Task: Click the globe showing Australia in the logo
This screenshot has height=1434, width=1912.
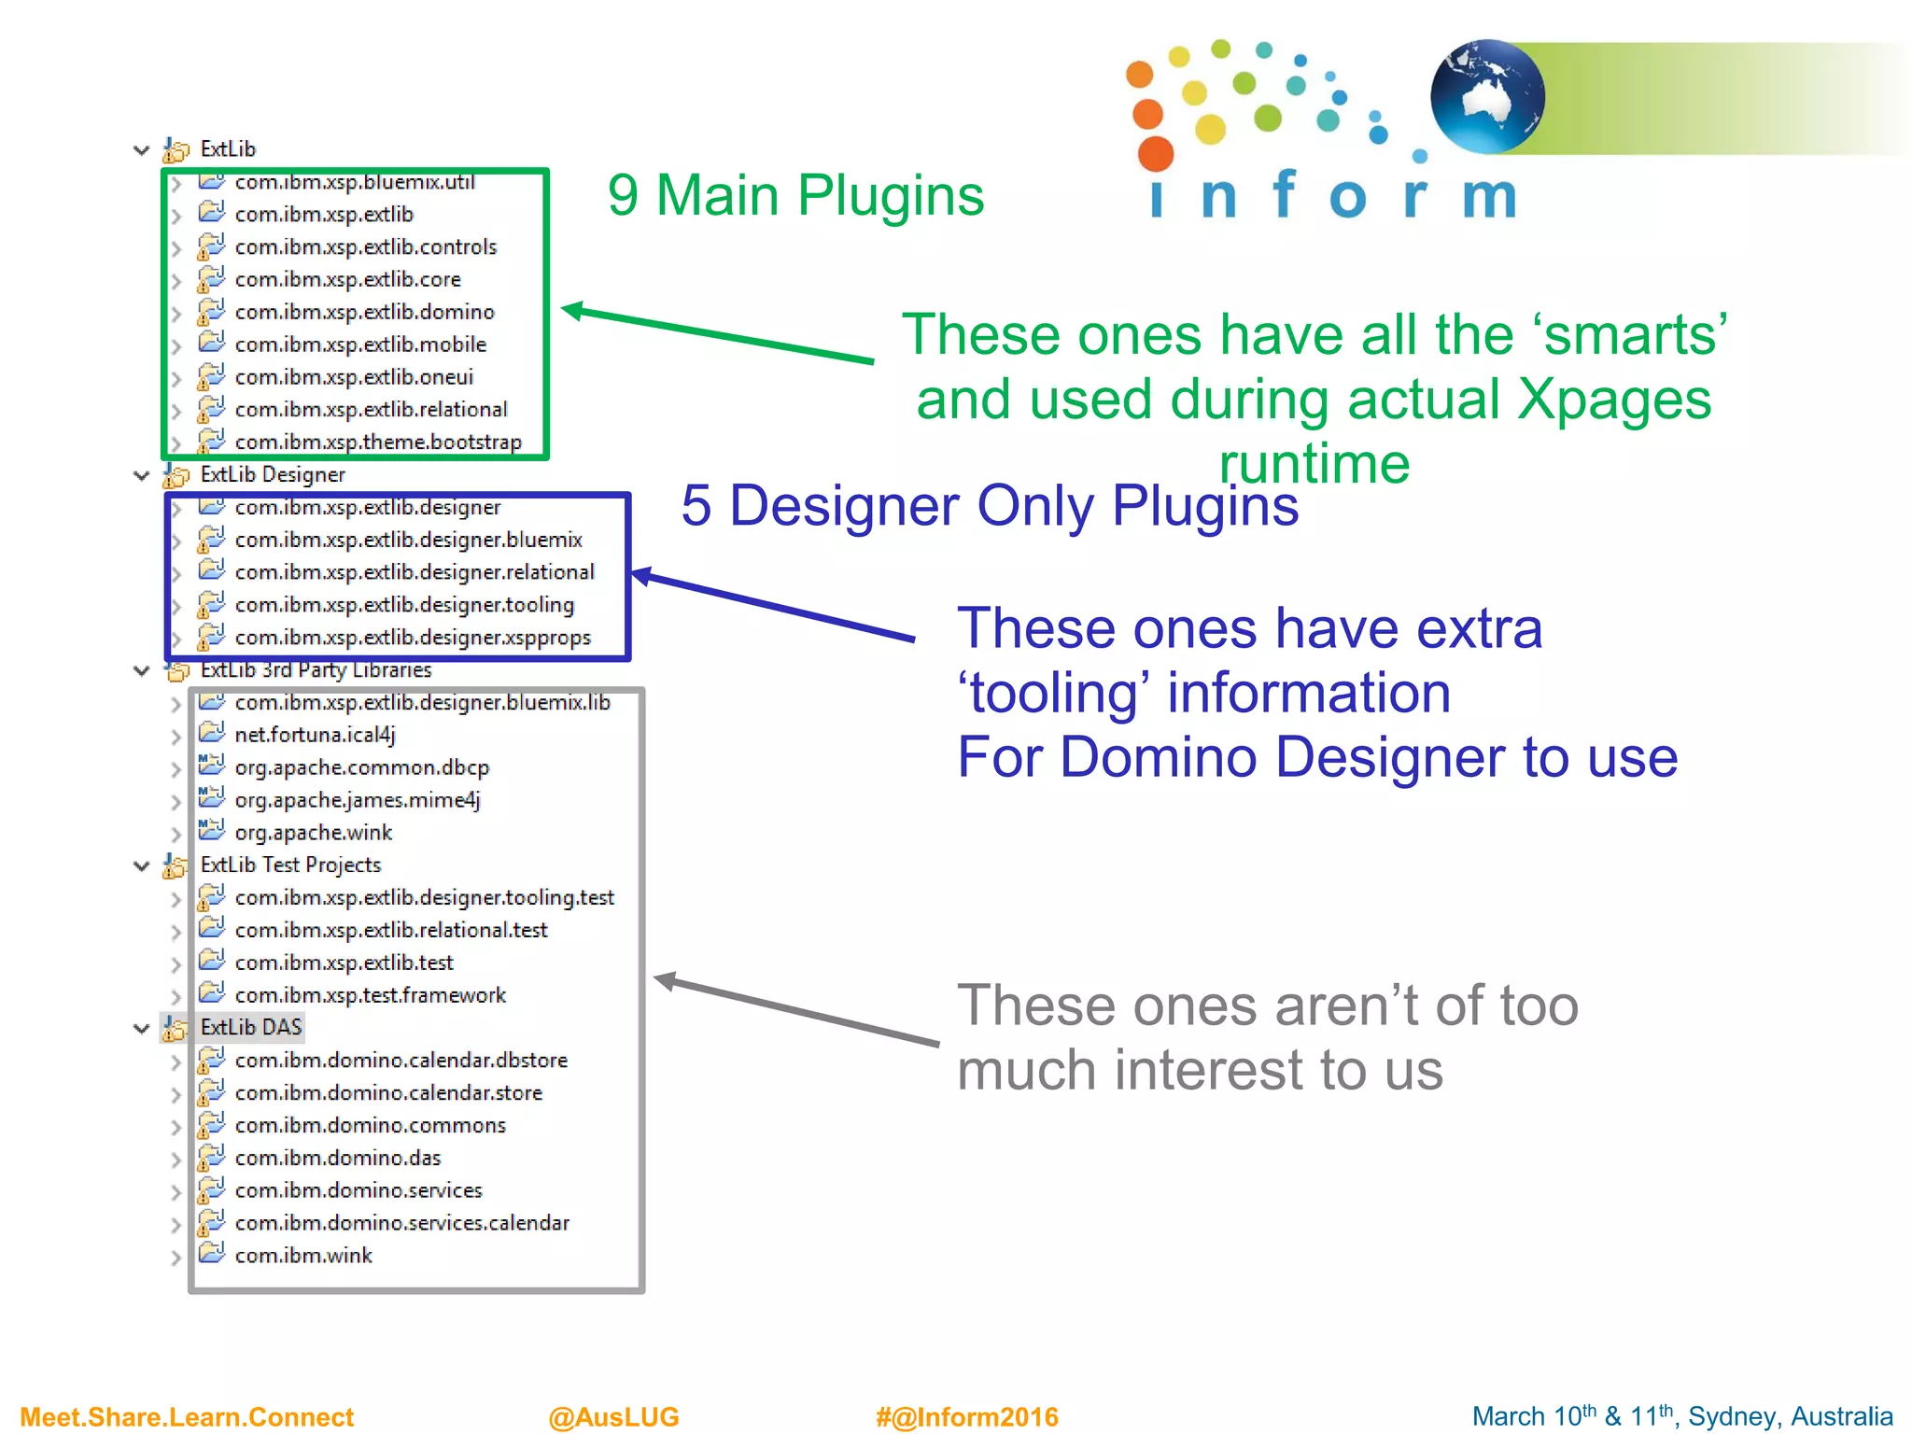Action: [1486, 96]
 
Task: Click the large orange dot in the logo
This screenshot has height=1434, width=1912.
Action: [1156, 153]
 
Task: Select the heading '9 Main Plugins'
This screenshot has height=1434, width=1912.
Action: [795, 196]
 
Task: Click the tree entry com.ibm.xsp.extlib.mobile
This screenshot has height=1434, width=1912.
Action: [360, 344]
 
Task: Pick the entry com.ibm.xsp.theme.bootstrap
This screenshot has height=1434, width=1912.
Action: [378, 443]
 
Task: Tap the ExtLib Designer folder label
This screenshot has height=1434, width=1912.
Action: [273, 474]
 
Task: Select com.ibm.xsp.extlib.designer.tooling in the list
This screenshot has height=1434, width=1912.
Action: [404, 605]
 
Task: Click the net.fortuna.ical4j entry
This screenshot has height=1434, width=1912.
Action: [315, 735]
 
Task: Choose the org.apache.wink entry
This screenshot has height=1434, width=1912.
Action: [313, 833]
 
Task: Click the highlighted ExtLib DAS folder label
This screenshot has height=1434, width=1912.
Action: [251, 1027]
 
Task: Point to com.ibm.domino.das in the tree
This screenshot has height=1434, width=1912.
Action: [337, 1158]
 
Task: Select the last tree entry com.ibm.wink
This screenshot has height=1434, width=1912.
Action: [303, 1256]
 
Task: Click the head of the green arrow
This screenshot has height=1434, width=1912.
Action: [572, 310]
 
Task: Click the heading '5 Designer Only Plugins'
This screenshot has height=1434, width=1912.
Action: [990, 506]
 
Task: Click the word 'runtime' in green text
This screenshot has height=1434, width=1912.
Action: [1314, 464]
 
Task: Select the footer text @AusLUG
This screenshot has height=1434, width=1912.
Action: [613, 1416]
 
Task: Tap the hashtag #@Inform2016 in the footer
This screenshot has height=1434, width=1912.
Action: [966, 1416]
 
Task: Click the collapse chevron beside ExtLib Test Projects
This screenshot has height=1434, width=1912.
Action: [142, 865]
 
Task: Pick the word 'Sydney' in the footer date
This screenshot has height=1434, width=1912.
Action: [1726, 1416]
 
